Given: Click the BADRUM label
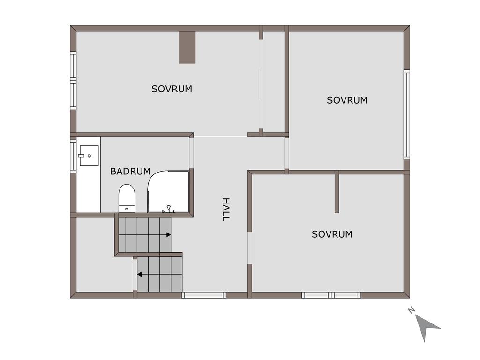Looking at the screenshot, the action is (130, 171).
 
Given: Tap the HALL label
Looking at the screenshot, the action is (225, 210).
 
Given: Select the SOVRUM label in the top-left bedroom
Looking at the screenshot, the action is (172, 89).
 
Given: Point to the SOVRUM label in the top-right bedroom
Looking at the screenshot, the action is (347, 100).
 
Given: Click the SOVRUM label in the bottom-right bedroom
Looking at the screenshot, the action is (332, 234).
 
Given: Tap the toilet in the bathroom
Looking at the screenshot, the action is (127, 198).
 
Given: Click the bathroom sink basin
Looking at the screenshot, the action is (89, 156).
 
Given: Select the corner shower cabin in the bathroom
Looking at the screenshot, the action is (168, 191).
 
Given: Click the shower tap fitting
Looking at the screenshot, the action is (168, 209).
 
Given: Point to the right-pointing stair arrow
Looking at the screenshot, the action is (169, 235).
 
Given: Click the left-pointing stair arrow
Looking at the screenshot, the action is (139, 274).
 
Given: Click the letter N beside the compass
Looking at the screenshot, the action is (411, 310).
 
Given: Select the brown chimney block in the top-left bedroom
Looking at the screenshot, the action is (187, 47).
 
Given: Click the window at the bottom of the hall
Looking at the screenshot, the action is (204, 295).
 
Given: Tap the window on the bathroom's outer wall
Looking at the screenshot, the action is (73, 156).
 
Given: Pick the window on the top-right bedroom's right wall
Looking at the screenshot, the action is (406, 115).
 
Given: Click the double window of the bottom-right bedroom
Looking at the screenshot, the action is (331, 295).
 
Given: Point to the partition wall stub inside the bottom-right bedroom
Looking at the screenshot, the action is (337, 192).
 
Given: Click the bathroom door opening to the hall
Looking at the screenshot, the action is (191, 153).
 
